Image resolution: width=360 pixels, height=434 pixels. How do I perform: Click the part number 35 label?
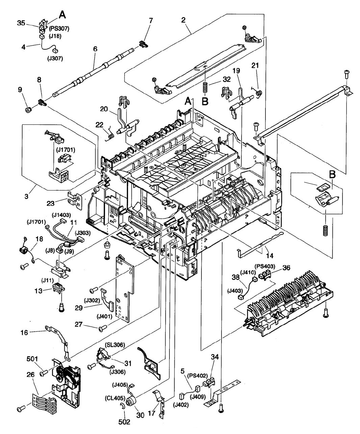21,24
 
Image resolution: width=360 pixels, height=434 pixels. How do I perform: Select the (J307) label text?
55,58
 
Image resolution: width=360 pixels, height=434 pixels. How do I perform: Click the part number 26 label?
31,375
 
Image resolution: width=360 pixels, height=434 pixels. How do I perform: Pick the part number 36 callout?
286,268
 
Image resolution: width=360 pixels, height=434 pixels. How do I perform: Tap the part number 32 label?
226,79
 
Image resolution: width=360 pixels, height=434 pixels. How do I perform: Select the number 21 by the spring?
255,65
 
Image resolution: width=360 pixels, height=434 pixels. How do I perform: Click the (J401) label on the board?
105,316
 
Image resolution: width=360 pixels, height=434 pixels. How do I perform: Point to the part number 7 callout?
151,20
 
